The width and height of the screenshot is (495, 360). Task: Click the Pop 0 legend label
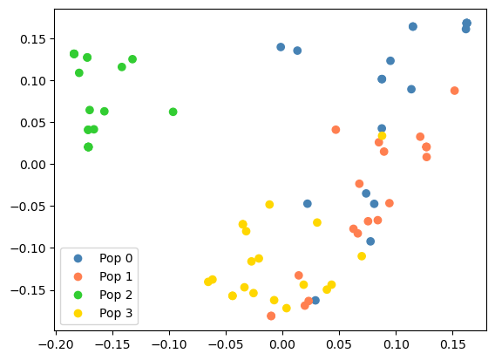click(118, 258)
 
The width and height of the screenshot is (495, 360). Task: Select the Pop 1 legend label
click(118, 276)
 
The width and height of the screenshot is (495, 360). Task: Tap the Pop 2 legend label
click(118, 295)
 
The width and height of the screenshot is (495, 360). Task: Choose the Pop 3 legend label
click(118, 313)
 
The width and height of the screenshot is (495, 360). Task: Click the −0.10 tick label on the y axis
click(30, 248)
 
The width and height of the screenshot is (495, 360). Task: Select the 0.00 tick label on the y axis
click(32, 164)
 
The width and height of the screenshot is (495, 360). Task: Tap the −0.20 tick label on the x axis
click(57, 343)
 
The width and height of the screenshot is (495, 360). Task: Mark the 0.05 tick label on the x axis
click(339, 343)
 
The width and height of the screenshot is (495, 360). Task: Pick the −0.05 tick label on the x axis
click(226, 343)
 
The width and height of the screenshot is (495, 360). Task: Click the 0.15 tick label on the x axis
click(451, 343)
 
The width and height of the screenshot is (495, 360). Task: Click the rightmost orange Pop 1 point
click(454, 91)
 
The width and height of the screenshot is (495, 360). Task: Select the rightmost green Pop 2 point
click(173, 112)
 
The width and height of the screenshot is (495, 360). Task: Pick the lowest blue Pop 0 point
click(315, 300)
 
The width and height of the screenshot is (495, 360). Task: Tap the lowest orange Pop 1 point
click(271, 316)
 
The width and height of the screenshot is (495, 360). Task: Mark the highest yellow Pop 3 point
click(382, 136)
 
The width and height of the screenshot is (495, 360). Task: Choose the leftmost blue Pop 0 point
click(281, 47)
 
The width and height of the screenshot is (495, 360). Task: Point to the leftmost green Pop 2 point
click(74, 54)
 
